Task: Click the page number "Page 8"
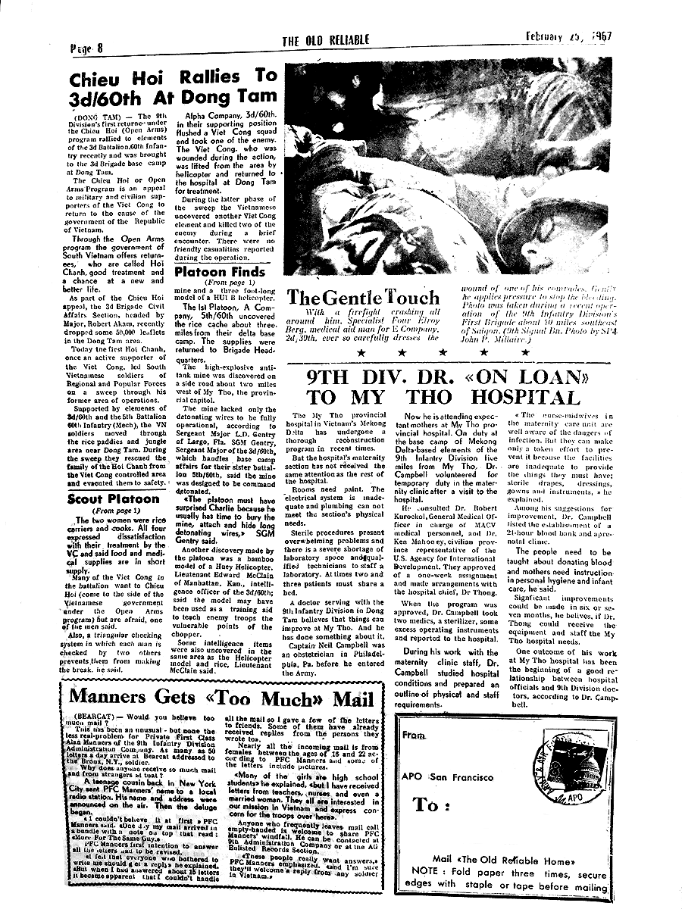(x=86, y=48)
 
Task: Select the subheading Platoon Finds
(x=221, y=272)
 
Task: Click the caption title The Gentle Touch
(x=363, y=298)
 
